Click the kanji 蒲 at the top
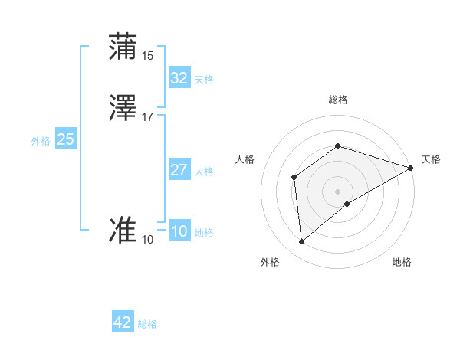(x=123, y=47)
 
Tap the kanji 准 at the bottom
(x=123, y=231)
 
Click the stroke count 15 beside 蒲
(x=148, y=56)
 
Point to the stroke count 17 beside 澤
(x=148, y=117)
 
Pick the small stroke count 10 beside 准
(x=148, y=240)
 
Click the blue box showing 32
(x=179, y=77)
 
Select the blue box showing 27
(x=179, y=169)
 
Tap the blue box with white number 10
(x=179, y=231)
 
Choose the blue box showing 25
(x=65, y=139)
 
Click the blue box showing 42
(x=123, y=322)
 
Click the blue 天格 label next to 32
(x=204, y=80)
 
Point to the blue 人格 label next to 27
(x=204, y=172)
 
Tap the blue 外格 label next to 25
(x=41, y=141)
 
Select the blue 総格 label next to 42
(x=147, y=324)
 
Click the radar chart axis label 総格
(x=337, y=100)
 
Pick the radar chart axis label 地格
(x=402, y=263)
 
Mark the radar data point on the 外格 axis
(x=302, y=242)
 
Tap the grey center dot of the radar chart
(x=337, y=191)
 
